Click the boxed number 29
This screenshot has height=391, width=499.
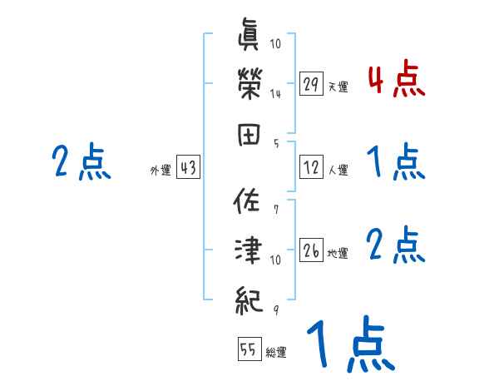pyautogui.click(x=311, y=84)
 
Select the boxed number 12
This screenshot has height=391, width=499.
pyautogui.click(x=311, y=168)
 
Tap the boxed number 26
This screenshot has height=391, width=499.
pyautogui.click(x=311, y=250)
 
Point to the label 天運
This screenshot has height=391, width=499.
pyautogui.click(x=338, y=87)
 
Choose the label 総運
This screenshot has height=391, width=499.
pyautogui.click(x=276, y=352)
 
